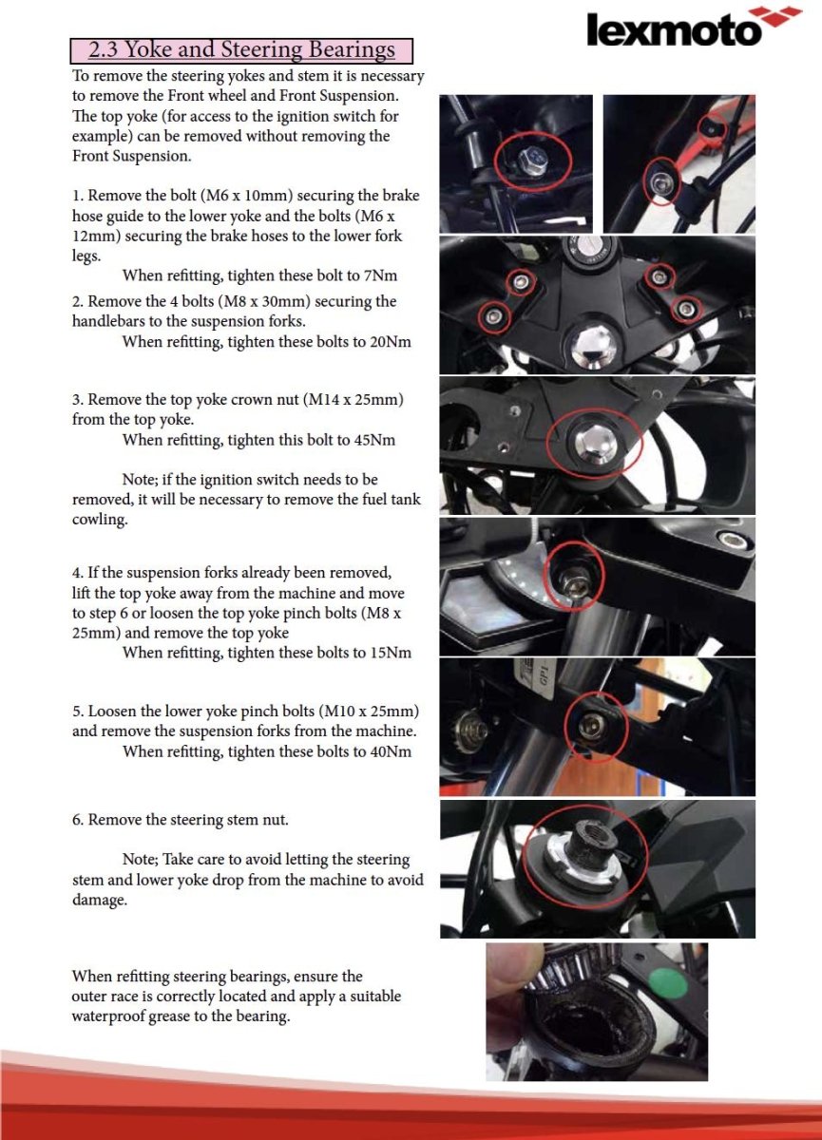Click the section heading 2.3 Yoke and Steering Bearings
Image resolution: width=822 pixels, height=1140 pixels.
click(241, 49)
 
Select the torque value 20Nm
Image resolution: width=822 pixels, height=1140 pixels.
click(390, 342)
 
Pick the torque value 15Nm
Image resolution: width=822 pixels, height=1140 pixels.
click(390, 653)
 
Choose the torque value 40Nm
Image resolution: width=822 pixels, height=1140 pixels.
click(390, 751)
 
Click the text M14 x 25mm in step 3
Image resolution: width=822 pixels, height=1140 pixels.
click(354, 400)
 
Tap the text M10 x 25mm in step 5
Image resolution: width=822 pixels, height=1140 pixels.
click(369, 711)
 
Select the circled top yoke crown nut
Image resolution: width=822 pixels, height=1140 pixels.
click(594, 442)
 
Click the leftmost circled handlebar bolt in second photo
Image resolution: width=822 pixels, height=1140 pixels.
click(493, 314)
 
